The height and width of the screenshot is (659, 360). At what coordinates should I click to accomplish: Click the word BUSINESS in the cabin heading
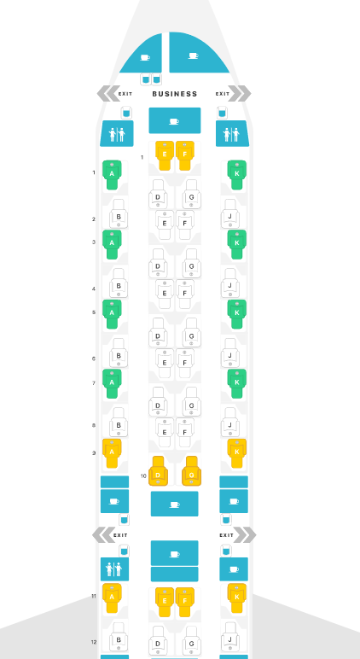175,94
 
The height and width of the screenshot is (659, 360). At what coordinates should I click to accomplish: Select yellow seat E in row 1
165,155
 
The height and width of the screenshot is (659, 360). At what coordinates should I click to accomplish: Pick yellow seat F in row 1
185,155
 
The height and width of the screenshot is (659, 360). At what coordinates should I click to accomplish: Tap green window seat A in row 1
112,175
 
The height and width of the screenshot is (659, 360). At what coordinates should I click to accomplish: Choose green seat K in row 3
237,244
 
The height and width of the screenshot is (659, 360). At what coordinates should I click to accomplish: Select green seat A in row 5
112,314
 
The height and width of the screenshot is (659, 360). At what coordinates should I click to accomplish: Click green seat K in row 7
237,383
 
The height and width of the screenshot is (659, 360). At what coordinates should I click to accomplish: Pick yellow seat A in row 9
112,453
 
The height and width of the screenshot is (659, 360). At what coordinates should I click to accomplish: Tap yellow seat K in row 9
237,453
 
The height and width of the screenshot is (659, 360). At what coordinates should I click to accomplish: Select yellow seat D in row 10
158,471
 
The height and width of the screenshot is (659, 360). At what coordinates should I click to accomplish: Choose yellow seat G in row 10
192,471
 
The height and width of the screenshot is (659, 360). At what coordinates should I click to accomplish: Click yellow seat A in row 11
112,598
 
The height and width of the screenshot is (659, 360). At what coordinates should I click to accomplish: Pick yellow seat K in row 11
237,598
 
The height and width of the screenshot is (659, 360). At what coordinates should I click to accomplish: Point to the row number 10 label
143,476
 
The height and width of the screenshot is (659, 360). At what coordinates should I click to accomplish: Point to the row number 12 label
94,642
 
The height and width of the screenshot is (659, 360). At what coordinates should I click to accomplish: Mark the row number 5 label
94,312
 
